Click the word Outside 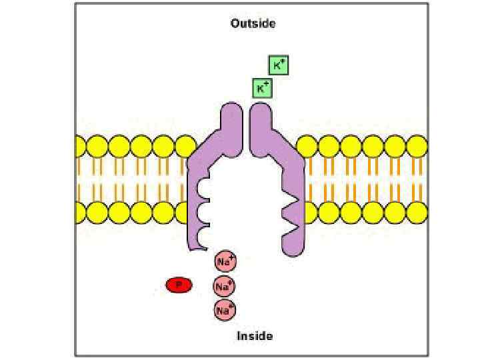[253, 23]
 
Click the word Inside [255, 336]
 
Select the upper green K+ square [279, 65]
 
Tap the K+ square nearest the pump [263, 87]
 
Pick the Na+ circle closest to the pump [225, 262]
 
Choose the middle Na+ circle [224, 287]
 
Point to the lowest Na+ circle [225, 309]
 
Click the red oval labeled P [179, 285]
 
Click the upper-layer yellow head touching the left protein [185, 145]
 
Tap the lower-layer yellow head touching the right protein [307, 213]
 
